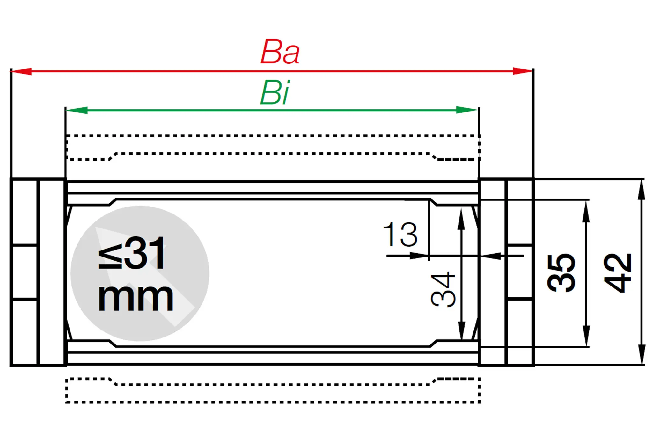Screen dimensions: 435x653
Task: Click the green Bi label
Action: tap(275, 93)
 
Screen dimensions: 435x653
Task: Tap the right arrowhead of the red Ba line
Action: tap(522, 71)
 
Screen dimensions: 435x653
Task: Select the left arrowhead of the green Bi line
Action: tap(77, 110)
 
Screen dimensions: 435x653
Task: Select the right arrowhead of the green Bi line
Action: tap(467, 110)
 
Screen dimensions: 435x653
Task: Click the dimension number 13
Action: tap(400, 235)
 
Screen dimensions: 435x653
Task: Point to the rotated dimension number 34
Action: tap(444, 289)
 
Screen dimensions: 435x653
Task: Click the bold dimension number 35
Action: tap(561, 273)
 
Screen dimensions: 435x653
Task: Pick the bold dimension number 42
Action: tap(618, 273)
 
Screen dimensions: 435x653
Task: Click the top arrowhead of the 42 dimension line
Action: tap(642, 189)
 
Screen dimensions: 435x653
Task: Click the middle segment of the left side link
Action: tap(24, 272)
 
